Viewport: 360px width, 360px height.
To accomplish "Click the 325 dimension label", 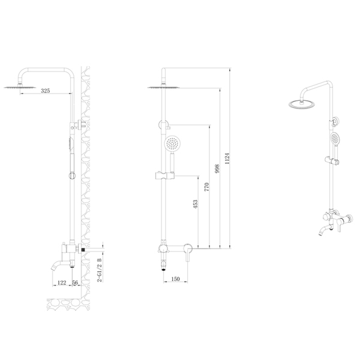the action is [46, 91].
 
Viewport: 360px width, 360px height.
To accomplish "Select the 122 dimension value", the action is [62, 283].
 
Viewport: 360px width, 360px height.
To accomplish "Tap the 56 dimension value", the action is [75, 283].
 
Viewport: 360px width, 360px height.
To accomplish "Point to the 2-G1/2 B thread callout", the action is [100, 270].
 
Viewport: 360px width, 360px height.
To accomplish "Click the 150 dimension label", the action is [175, 279].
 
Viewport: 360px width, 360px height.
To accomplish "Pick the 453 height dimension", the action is [195, 204].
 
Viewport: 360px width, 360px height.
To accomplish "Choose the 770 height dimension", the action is [206, 187].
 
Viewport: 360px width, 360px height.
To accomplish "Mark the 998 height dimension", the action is [217, 169].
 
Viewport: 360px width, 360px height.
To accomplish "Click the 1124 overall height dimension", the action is [227, 158].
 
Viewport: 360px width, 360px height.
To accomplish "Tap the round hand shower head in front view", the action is [172, 144].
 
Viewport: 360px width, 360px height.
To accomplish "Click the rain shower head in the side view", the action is [20, 87].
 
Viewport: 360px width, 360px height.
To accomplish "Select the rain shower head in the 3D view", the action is [302, 104].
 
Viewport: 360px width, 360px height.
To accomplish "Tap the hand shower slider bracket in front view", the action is [165, 176].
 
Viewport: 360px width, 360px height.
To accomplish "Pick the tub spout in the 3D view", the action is [325, 230].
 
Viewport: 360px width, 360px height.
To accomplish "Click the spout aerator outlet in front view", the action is [164, 269].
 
